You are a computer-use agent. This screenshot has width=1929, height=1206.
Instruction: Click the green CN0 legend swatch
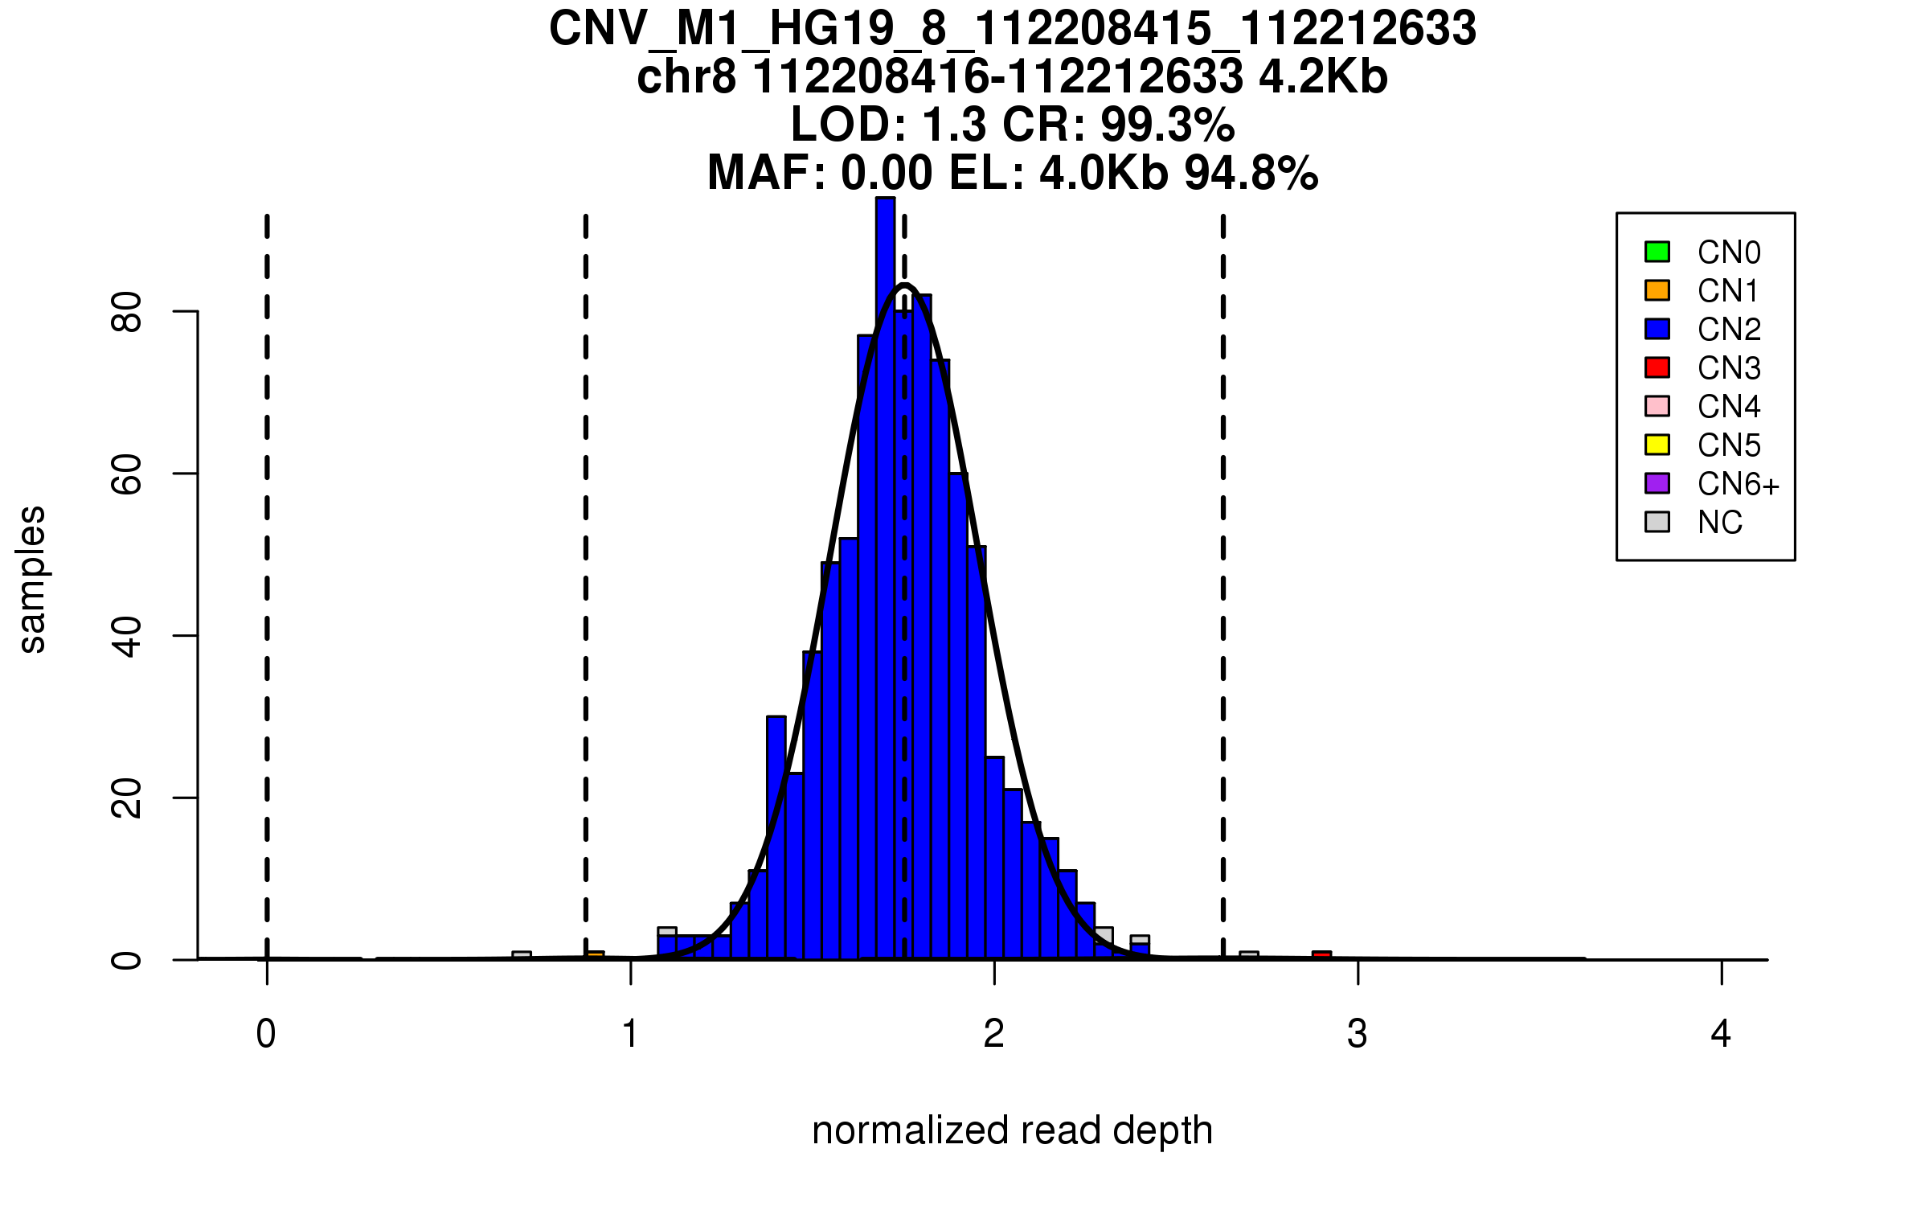coord(1657,252)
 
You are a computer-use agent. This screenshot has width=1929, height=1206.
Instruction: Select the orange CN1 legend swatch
coord(1657,290)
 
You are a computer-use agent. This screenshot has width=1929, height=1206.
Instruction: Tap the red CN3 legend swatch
coord(1657,367)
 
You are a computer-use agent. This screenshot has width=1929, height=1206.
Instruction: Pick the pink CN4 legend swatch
coord(1657,406)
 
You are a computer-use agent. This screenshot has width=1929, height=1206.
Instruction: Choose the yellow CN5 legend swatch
coord(1657,445)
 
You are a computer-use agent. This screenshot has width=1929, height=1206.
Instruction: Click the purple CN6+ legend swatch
coord(1657,483)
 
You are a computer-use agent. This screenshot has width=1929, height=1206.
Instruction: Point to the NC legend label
coord(1720,523)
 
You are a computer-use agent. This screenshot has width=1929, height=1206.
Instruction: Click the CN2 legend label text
coord(1729,330)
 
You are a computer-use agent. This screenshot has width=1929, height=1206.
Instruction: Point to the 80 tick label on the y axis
coord(127,312)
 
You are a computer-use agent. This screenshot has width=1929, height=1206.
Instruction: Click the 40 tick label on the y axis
coord(127,637)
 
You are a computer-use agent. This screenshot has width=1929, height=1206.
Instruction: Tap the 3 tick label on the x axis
coord(1358,1034)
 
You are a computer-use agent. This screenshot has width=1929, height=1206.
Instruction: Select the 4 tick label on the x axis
coord(1721,1034)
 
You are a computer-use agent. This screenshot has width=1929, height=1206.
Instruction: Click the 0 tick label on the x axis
coord(266,1034)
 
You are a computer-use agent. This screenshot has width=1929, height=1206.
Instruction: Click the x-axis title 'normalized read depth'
coord(1012,1130)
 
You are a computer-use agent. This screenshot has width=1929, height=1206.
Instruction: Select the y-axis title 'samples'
coord(32,579)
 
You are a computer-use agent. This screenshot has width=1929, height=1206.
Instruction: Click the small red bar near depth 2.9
coord(1321,955)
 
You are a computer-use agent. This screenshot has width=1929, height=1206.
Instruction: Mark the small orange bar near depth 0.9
coord(595,955)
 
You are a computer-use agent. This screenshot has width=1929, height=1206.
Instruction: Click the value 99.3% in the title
coord(1167,125)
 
